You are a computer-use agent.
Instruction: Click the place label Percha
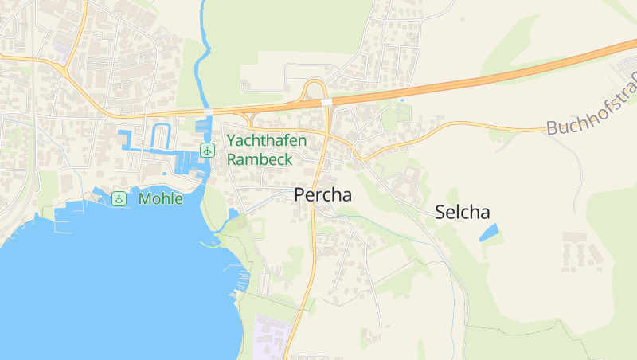322,194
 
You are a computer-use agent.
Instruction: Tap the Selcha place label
462,212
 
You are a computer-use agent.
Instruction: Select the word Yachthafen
266,140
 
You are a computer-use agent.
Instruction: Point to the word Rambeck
260,158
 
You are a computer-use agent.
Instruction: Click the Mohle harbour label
160,198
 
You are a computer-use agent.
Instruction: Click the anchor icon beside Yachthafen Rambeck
207,150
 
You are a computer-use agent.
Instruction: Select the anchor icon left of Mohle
119,198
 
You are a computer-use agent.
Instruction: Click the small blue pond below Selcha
488,233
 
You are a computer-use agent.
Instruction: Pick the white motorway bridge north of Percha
326,102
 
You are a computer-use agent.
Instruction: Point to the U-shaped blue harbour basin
161,135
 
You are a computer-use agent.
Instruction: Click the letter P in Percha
300,194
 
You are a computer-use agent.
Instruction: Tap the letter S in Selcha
440,212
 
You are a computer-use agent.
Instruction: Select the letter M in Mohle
144,198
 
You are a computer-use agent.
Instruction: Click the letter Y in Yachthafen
232,140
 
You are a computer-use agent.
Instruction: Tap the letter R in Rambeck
233,158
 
